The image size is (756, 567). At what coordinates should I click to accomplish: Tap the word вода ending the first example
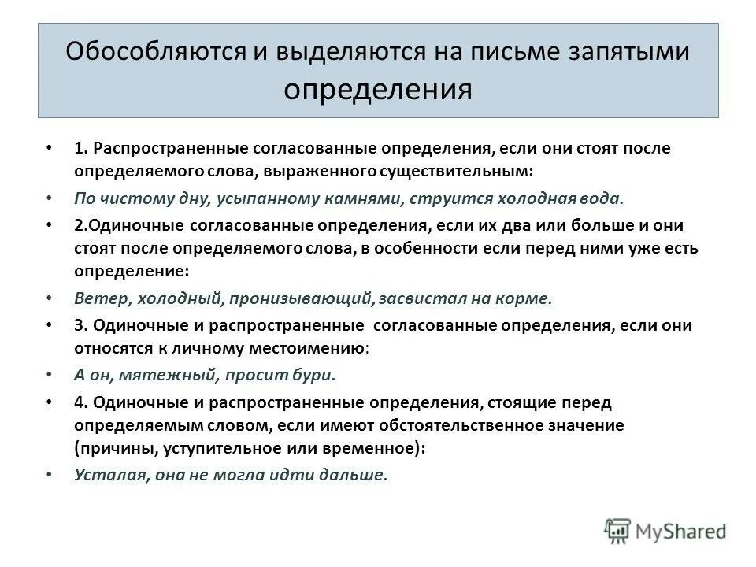pyautogui.click(x=580, y=198)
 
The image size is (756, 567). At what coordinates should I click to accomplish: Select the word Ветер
pyautogui.click(x=102, y=298)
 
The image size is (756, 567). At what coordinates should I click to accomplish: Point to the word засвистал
pyautogui.click(x=421, y=298)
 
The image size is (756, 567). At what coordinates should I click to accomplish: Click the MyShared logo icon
pyautogui.click(x=619, y=530)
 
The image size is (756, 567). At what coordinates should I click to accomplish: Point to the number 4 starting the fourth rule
pyautogui.click(x=79, y=402)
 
